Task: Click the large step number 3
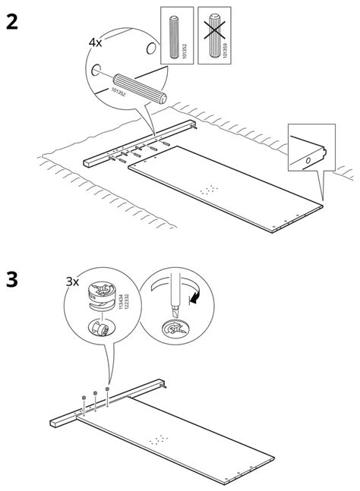[x=13, y=279]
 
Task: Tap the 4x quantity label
[x=96, y=42]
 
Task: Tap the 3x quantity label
[x=73, y=281]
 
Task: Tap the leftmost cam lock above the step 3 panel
[x=82, y=396]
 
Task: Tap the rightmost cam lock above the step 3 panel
[x=108, y=388]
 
